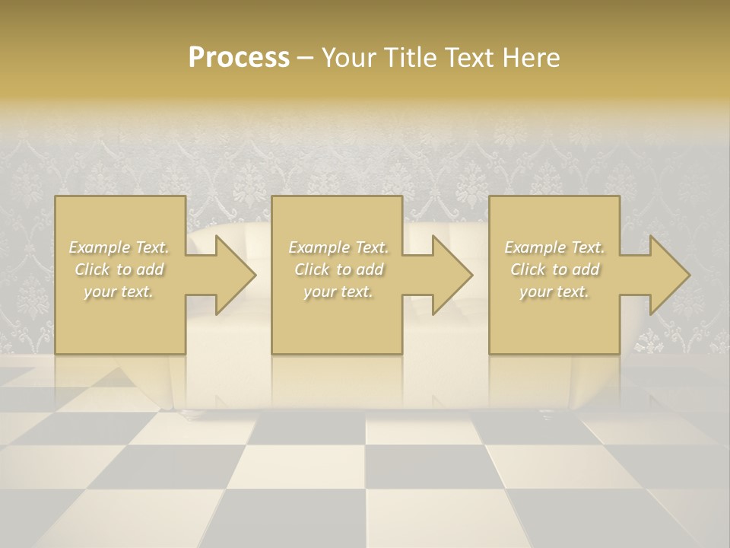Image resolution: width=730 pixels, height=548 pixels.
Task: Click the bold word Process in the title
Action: click(239, 58)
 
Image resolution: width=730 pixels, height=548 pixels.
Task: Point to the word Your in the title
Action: click(351, 58)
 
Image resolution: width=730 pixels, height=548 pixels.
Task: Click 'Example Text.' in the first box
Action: click(119, 247)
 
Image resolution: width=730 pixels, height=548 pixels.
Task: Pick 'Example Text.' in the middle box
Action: click(338, 247)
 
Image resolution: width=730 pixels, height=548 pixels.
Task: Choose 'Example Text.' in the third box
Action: click(554, 247)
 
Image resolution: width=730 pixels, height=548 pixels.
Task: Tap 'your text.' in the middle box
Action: click(338, 292)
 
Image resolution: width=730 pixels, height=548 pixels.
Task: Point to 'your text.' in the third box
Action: click(554, 292)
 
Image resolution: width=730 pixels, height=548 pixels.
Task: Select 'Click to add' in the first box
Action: click(119, 269)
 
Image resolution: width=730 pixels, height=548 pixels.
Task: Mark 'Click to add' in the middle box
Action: click(338, 269)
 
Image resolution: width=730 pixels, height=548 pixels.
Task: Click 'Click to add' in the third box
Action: click(554, 269)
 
